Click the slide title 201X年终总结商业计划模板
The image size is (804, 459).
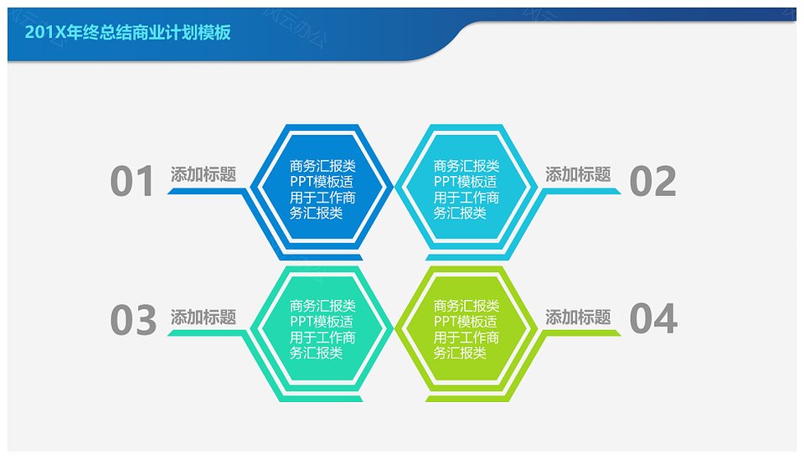[x=127, y=33]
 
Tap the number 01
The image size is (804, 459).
[x=131, y=181]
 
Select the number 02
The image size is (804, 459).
[x=652, y=181]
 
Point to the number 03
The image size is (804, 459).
[x=133, y=320]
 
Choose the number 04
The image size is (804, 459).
[x=653, y=318]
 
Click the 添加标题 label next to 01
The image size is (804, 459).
[x=204, y=174]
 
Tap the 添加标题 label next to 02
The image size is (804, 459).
[x=578, y=174]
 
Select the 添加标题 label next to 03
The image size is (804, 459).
[x=204, y=317]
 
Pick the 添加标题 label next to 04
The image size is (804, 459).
[x=578, y=317]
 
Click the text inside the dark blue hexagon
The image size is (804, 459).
[x=322, y=189]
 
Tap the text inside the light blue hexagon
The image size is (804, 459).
[x=466, y=189]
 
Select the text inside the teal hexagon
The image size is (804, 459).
[x=322, y=329]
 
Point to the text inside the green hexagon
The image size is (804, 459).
[x=466, y=329]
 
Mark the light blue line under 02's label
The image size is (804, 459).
[x=581, y=191]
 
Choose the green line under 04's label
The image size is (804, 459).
[x=581, y=333]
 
